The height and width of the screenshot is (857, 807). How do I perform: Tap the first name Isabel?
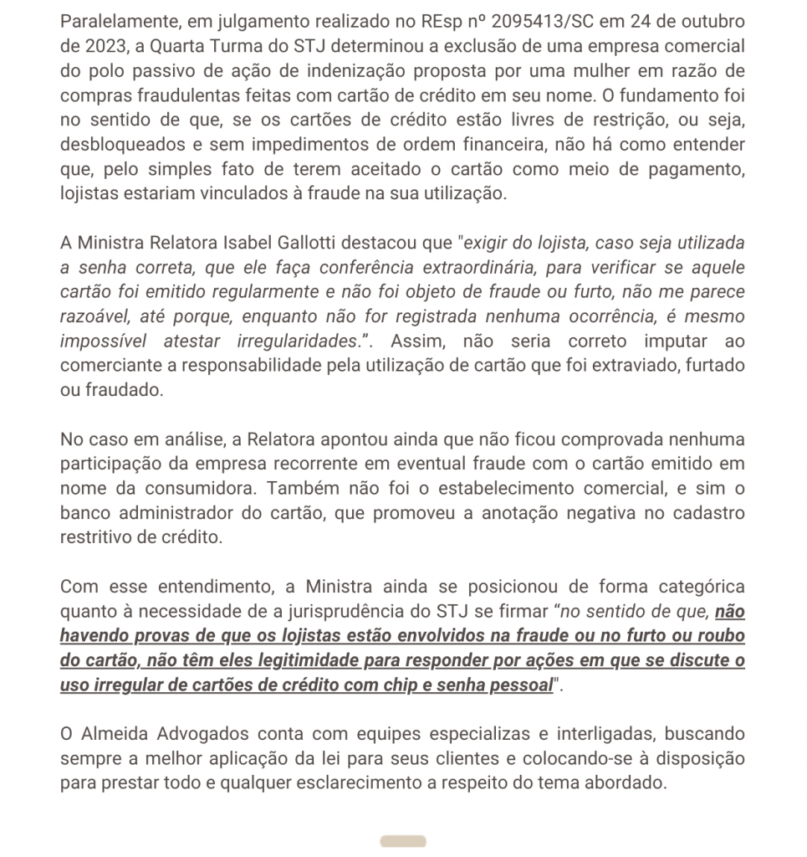tap(255, 244)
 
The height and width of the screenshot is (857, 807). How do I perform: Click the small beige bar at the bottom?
tap(403, 841)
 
